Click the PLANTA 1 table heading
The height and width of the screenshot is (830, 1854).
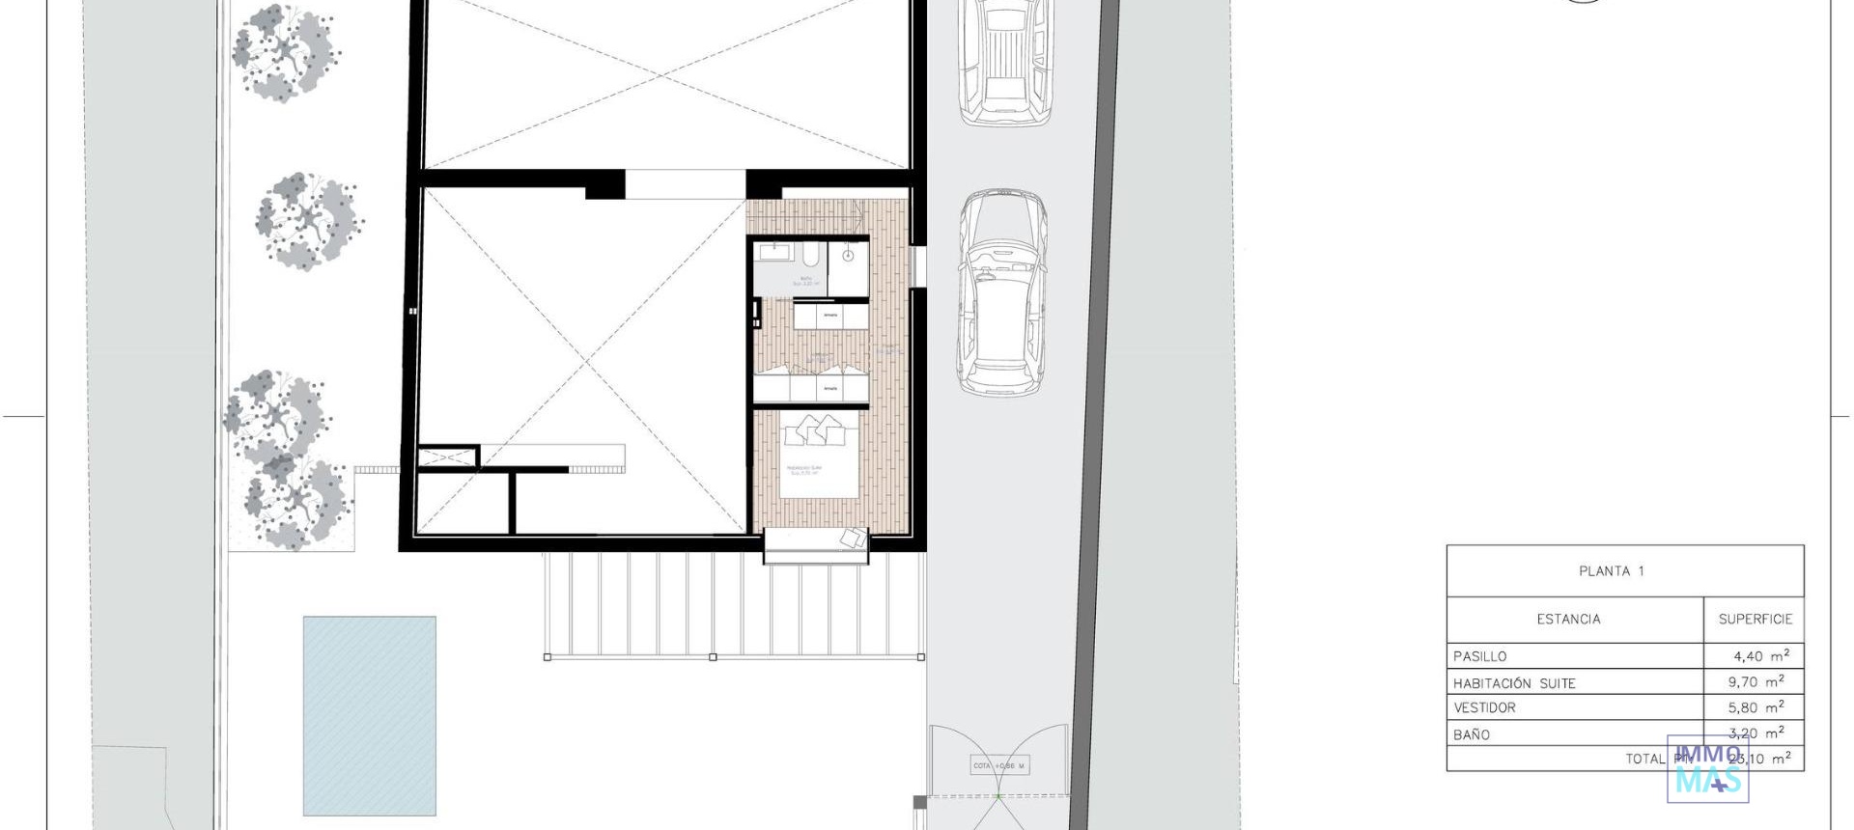1611,571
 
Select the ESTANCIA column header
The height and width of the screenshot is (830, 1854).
1568,620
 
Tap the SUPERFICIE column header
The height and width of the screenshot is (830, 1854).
1755,620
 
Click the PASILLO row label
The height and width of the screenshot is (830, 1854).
1480,656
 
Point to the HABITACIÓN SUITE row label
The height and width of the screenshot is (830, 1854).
1514,683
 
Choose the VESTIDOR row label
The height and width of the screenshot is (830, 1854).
1484,708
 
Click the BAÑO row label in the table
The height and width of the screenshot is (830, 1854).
1472,734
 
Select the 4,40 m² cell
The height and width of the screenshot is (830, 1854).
1761,656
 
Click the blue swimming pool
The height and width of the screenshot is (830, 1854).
369,715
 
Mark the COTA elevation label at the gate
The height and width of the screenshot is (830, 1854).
999,765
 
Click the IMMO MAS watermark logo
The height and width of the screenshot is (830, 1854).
1707,769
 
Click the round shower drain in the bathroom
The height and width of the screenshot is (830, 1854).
848,256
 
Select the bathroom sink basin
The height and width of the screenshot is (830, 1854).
774,252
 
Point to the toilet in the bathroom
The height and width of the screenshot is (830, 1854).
812,255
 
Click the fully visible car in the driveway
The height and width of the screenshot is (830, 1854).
1002,292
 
